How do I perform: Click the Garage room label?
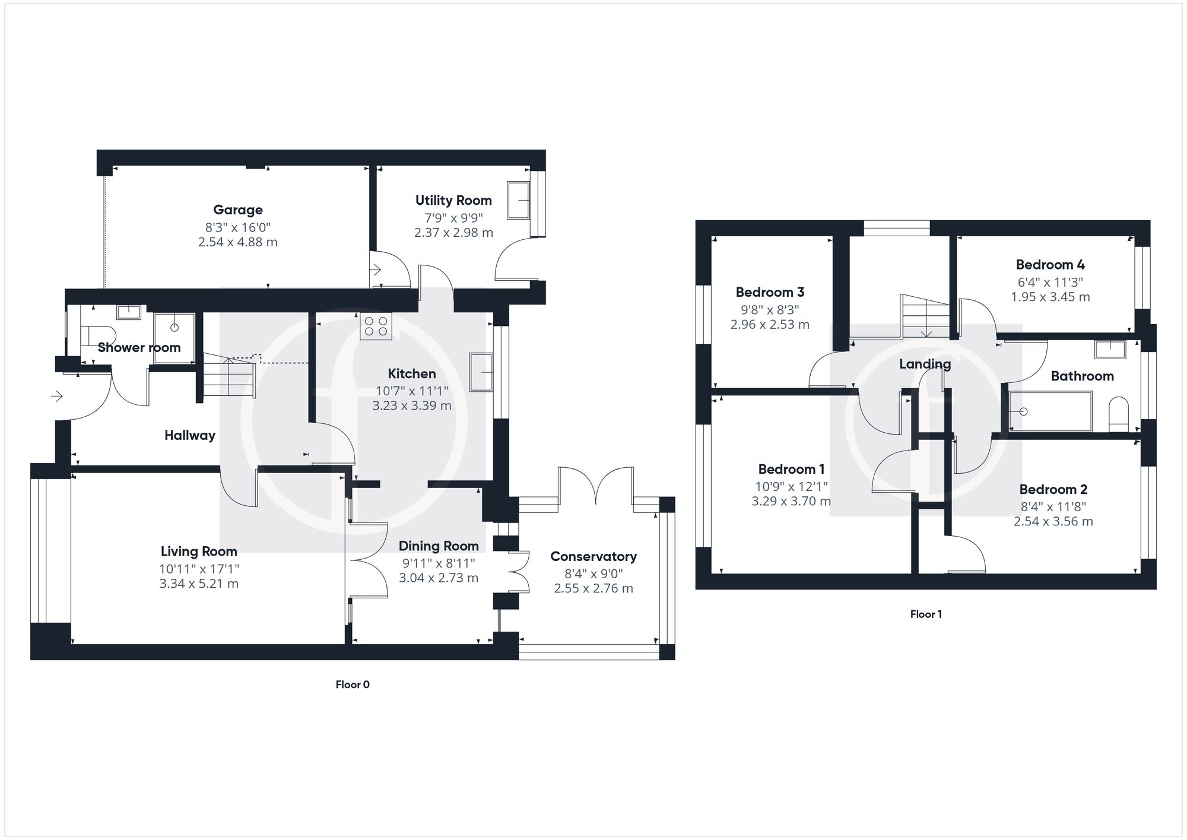[x=237, y=210]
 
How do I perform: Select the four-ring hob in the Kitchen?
[x=376, y=327]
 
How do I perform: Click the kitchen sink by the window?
[x=481, y=372]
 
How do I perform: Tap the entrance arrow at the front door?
[x=58, y=395]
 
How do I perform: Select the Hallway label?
[x=189, y=435]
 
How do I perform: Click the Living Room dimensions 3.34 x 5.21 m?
[x=199, y=584]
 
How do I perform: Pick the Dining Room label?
[x=438, y=546]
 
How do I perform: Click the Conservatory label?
[x=593, y=556]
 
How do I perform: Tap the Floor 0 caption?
[x=353, y=684]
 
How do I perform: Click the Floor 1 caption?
[x=926, y=614]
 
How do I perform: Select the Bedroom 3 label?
[x=770, y=292]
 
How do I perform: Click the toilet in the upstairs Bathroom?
[x=1118, y=414]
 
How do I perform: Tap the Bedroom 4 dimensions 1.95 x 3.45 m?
[x=1050, y=297]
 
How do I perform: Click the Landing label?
[x=925, y=364]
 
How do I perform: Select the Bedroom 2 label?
[x=1053, y=489]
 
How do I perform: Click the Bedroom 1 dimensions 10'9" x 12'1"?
[x=791, y=486]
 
